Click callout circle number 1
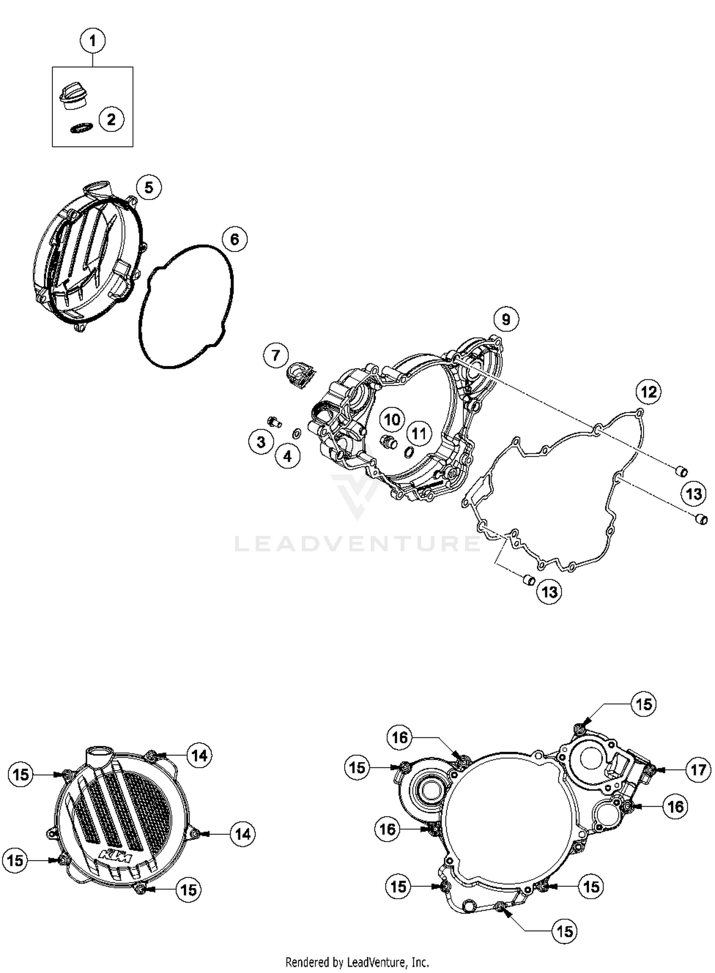click(92, 41)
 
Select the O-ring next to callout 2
click(81, 129)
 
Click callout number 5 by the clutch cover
click(149, 188)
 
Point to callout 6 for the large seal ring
click(234, 239)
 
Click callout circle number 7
click(276, 355)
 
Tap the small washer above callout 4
click(296, 433)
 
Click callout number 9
click(506, 319)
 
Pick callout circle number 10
click(392, 420)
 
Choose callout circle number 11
click(419, 433)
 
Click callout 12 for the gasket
click(649, 392)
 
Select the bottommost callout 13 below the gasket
click(549, 592)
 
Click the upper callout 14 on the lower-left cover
click(199, 755)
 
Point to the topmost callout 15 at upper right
click(643, 704)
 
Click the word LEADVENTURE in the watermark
click(357, 543)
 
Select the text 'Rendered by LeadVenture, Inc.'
click(357, 962)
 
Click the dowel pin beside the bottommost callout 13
click(528, 580)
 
